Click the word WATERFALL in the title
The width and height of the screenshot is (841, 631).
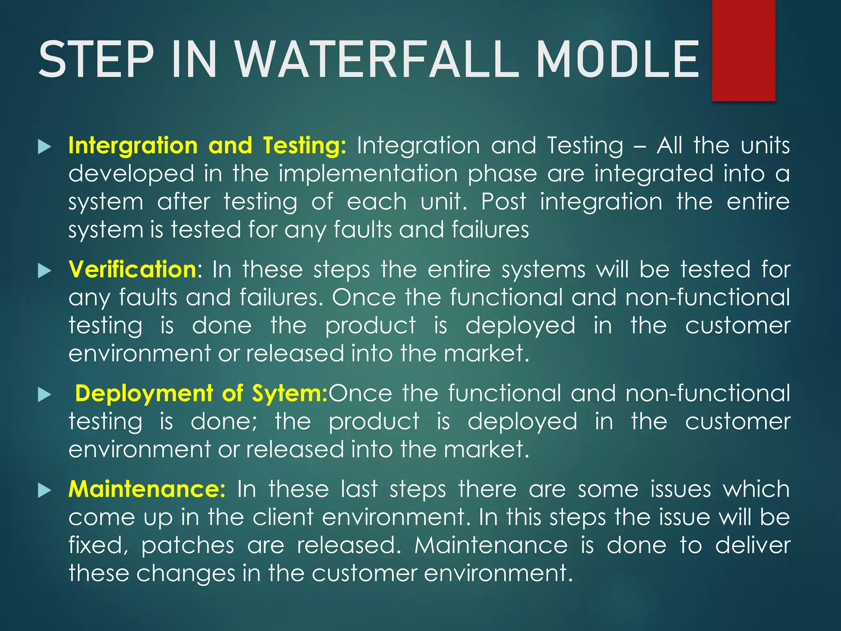[378, 60]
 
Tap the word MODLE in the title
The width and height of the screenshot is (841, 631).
[617, 60]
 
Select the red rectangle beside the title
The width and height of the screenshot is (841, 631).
[743, 50]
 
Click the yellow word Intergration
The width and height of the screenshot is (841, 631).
[133, 145]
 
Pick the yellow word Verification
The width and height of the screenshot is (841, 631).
[132, 269]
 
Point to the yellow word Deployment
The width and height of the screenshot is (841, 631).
[144, 393]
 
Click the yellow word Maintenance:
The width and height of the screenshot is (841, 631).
[147, 489]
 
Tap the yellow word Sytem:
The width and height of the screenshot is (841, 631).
[290, 393]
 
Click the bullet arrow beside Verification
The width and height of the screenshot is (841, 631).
[44, 271]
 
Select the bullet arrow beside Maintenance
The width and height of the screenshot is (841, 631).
[44, 491]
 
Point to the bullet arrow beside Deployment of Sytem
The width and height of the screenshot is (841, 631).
[44, 395]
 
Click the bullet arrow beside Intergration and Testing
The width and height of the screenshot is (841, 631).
[44, 147]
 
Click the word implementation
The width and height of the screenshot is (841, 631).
[368, 173]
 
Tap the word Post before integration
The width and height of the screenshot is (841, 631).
[503, 201]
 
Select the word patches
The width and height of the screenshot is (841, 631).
[188, 546]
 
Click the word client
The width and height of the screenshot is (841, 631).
[283, 517]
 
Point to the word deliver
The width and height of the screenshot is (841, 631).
[753, 546]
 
